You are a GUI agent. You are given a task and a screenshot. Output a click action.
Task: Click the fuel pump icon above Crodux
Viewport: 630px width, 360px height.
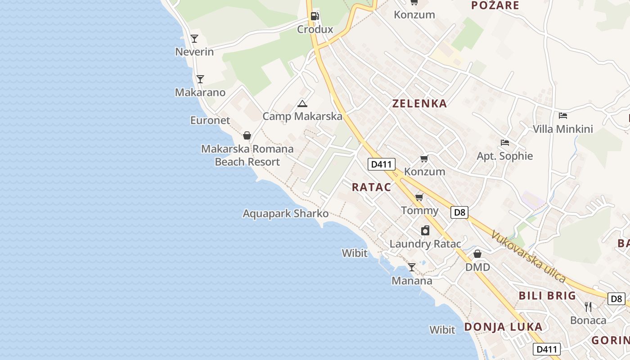click(315, 16)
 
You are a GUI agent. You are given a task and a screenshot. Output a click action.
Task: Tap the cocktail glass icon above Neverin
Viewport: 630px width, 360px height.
click(194, 39)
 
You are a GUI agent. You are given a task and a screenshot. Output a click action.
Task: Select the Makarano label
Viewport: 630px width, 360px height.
click(200, 92)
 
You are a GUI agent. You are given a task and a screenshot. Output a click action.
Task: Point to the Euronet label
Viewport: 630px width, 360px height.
click(210, 120)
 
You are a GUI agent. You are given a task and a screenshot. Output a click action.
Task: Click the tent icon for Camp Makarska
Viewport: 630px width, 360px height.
click(302, 103)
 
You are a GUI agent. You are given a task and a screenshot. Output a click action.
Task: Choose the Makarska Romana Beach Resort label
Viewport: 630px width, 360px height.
click(247, 155)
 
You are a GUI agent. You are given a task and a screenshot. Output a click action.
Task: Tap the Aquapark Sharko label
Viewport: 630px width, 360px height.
click(286, 213)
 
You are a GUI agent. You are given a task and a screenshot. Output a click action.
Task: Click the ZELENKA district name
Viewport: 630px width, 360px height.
click(419, 103)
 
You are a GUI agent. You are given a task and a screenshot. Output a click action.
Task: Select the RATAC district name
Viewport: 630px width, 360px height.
click(371, 187)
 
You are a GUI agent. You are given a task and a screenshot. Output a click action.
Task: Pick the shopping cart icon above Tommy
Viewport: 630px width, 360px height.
click(419, 197)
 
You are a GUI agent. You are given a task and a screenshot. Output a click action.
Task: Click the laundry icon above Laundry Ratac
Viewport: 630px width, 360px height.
click(425, 231)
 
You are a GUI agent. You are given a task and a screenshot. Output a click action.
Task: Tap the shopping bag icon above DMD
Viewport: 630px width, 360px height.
click(477, 254)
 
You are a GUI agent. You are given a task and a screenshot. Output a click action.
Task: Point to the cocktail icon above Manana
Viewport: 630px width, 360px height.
click(412, 267)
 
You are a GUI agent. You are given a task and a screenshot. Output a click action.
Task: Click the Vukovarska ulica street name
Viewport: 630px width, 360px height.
click(528, 256)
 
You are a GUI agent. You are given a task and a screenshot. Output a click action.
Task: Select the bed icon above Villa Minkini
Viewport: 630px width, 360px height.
click(562, 116)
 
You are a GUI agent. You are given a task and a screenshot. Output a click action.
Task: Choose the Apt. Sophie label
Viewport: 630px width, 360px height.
click(504, 156)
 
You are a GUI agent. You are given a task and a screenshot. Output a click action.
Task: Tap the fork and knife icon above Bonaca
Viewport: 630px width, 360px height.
click(588, 307)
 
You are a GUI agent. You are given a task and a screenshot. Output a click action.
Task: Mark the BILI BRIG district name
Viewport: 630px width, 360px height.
click(547, 296)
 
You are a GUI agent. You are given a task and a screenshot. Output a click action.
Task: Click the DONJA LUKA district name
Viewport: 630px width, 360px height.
click(503, 327)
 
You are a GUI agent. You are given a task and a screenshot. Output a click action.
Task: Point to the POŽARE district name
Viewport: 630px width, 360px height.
click(495, 5)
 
